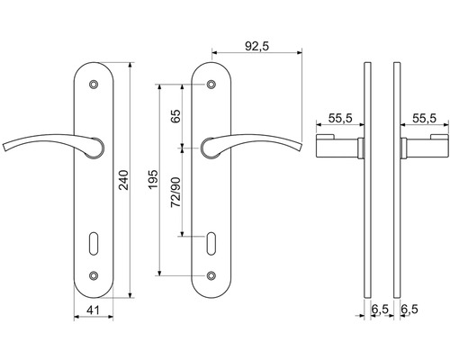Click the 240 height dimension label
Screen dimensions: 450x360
123,180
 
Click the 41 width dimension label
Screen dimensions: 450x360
93,310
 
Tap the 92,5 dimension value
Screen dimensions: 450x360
257,46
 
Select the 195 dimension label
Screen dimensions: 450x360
153,179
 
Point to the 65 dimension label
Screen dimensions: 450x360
175,116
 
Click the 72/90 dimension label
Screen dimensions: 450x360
175,193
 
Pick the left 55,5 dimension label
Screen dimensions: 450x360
340,118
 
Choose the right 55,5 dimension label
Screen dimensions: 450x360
424,118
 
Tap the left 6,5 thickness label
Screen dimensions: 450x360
380,310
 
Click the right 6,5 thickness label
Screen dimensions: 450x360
409,310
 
